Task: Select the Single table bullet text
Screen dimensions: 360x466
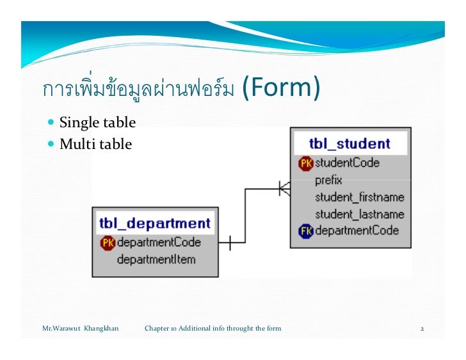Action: click(x=97, y=122)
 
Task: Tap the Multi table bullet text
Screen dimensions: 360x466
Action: click(x=95, y=145)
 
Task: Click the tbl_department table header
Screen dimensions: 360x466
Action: click(x=154, y=223)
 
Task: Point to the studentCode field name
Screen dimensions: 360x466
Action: click(x=347, y=163)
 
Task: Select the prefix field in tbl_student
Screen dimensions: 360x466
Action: click(x=328, y=180)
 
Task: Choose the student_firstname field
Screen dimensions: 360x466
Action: click(x=359, y=197)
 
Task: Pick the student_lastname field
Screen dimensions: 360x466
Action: click(x=359, y=214)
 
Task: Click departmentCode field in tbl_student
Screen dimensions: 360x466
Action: click(x=357, y=231)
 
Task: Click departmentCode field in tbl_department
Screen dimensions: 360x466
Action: click(x=159, y=242)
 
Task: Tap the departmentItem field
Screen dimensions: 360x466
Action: click(x=156, y=259)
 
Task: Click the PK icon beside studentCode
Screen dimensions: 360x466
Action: click(x=305, y=164)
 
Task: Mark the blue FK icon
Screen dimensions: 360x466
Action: click(x=305, y=231)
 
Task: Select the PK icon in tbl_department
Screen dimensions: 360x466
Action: click(x=107, y=242)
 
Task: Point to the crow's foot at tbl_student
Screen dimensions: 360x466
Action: click(x=284, y=189)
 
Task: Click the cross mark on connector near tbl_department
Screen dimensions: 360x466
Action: click(x=230, y=242)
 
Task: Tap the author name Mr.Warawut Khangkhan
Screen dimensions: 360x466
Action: click(x=80, y=329)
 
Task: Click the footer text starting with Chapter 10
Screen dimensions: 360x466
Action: click(x=213, y=329)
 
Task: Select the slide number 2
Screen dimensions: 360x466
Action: click(x=422, y=329)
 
